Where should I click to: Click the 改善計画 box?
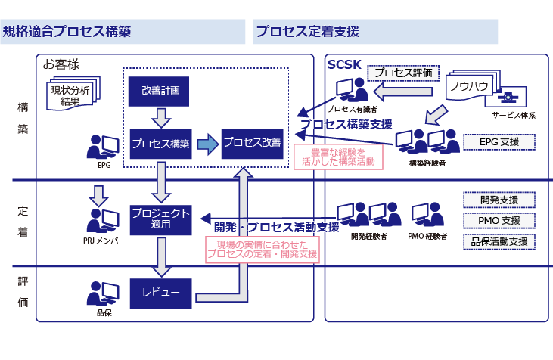pos(159,91)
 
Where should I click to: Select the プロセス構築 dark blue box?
pos(159,142)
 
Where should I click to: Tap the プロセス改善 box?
pos(251,142)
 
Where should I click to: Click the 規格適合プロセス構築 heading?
pos(68,32)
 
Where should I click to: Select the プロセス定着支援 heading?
pos(307,32)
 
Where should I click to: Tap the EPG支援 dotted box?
pos(498,141)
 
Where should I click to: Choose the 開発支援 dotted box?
pos(499,200)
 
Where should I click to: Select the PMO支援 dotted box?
pos(499,221)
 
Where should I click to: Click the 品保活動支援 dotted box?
pos(499,242)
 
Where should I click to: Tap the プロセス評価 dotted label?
pos(403,73)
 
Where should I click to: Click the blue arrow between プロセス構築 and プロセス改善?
pos(206,143)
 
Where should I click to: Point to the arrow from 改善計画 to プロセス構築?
pos(159,116)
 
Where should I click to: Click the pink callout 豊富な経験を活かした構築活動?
pos(337,157)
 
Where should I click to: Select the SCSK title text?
pos(344,64)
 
